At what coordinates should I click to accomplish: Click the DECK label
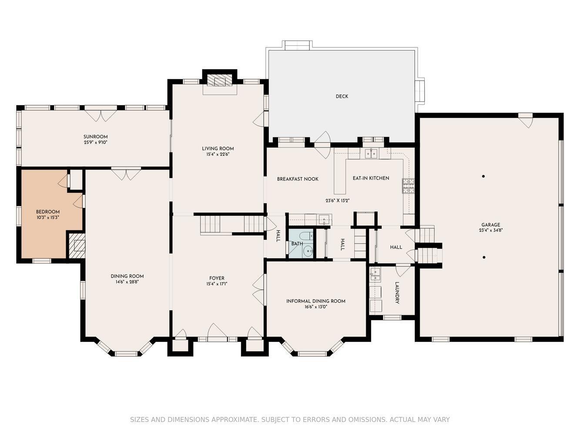coord(342,97)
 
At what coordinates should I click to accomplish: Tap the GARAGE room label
coord(490,225)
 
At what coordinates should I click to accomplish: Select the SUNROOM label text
coord(95,137)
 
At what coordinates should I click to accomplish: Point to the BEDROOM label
coord(48,212)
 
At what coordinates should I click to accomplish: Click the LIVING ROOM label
coord(218,149)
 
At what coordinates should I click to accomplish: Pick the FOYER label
coord(217,278)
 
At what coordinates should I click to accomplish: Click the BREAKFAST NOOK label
coord(298,179)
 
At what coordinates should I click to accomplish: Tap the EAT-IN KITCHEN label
coord(371,178)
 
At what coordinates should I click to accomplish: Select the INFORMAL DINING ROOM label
coord(316,301)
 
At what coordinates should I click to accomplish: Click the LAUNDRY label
coord(397,293)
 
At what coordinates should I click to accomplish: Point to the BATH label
coord(297,244)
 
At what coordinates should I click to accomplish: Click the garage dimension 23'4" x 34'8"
coord(490,230)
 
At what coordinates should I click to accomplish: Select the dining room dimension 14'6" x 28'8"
coord(127,282)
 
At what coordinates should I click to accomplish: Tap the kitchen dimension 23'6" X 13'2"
coord(338,201)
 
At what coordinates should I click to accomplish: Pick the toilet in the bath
coord(307,235)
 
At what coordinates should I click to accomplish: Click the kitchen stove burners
coord(408,186)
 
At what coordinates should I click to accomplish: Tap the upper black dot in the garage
coord(483,177)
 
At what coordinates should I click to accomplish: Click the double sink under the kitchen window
coord(372,154)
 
